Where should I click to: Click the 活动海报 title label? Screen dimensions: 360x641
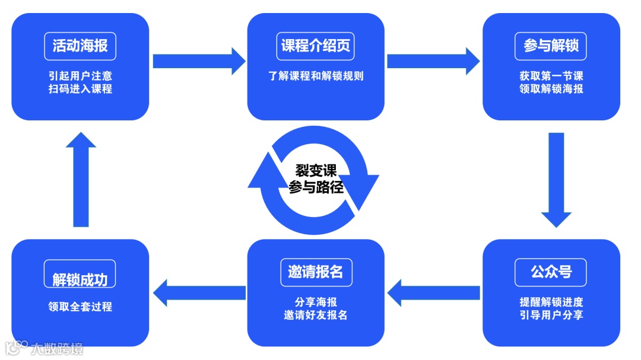(x=80, y=46)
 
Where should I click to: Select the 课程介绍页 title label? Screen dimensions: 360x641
(x=316, y=46)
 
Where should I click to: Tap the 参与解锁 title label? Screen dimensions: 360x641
(x=551, y=46)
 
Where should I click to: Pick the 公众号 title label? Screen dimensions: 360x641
(x=551, y=272)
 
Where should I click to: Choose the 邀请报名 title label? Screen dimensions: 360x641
(x=316, y=272)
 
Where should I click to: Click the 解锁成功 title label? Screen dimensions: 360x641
(x=80, y=279)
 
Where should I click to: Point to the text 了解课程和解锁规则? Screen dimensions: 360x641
(x=316, y=76)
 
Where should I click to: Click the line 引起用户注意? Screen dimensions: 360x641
(x=80, y=76)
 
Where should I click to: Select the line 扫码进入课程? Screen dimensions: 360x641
(x=80, y=89)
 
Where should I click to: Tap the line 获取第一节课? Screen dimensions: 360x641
(x=551, y=76)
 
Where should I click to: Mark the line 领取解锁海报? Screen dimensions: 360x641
(x=551, y=89)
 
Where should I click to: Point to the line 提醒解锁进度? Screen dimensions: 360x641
(x=551, y=301)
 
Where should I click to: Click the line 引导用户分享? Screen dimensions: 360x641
(x=551, y=314)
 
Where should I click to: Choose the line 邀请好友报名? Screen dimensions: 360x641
(x=316, y=315)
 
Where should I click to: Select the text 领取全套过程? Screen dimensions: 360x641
(x=80, y=307)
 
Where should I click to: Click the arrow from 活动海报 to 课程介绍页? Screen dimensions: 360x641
(x=198, y=60)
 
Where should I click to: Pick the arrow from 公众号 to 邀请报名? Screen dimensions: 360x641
(x=433, y=292)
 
